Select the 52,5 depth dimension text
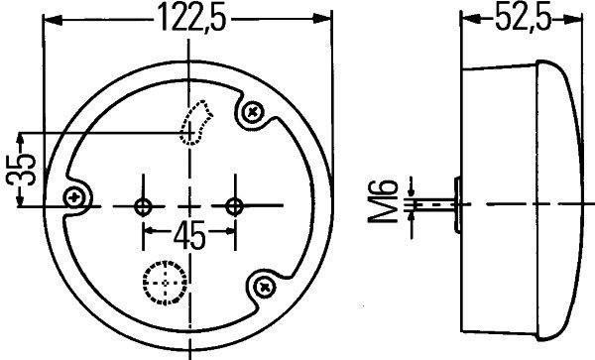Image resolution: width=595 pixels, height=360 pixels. tap(522, 18)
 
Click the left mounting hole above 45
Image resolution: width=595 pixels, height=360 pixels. tap(143, 206)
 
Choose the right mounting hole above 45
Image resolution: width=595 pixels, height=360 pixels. tap(235, 206)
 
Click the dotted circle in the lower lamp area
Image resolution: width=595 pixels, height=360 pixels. tap(161, 283)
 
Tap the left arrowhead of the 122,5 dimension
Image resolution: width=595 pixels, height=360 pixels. tap(50, 19)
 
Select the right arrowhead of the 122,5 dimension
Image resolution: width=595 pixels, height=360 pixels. tap(325, 19)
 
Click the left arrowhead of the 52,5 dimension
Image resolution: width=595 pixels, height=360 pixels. tap(468, 19)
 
